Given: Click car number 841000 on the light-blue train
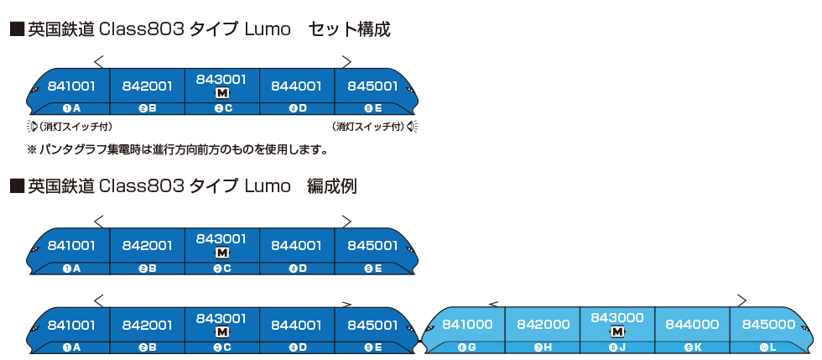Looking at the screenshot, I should (x=466, y=325).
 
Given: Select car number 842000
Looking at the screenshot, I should (x=543, y=325).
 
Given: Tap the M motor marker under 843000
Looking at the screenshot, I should (x=617, y=331).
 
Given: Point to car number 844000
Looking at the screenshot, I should (x=692, y=325).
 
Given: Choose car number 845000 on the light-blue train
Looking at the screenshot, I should (x=767, y=325).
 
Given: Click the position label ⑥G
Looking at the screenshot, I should (x=467, y=347).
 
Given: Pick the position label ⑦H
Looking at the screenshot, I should (x=543, y=347).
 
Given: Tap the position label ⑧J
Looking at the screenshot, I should (x=617, y=347).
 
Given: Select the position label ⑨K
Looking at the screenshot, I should (x=692, y=347).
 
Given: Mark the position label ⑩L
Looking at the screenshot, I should (x=767, y=347).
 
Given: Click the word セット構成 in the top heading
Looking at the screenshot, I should (x=350, y=29).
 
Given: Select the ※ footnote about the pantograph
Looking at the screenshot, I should (x=177, y=150).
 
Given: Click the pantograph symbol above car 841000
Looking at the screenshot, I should (x=492, y=302).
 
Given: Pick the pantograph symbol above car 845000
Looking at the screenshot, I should (x=741, y=299).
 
